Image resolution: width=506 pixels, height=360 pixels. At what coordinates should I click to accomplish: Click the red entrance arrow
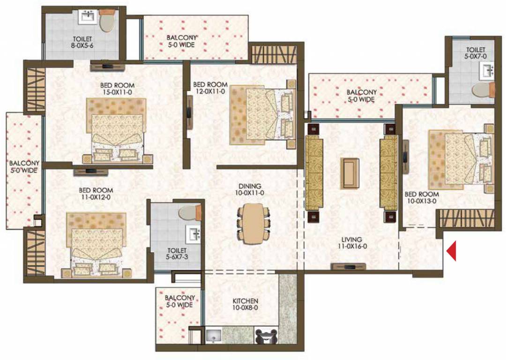point(452,251)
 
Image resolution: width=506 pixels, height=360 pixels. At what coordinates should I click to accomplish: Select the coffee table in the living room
point(350,173)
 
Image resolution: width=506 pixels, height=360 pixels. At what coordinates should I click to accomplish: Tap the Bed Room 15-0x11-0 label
point(117,89)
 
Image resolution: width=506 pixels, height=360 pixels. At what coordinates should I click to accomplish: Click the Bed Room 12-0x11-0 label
point(210,88)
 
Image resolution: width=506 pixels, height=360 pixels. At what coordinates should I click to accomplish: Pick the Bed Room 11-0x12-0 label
point(96,194)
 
